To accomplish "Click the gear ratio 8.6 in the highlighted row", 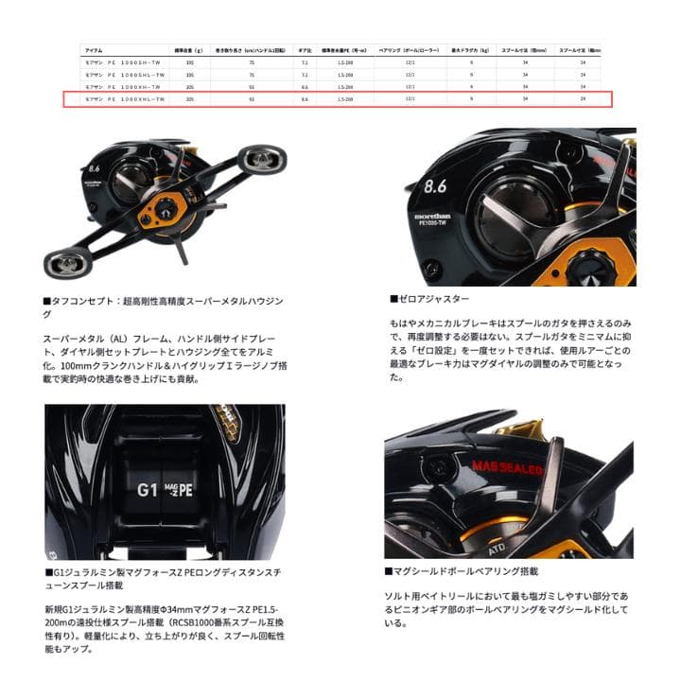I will coord(304,98).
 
